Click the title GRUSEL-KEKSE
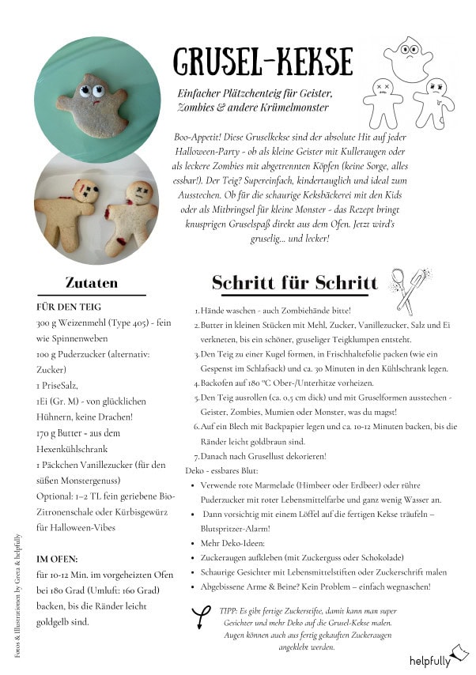(x=263, y=60)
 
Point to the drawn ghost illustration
(x=408, y=58)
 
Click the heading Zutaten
(x=92, y=282)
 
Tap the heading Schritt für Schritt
(x=294, y=283)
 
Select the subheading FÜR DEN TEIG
(x=69, y=307)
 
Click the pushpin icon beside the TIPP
(x=202, y=617)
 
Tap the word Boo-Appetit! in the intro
(x=196, y=136)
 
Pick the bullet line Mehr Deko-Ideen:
(x=233, y=543)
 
